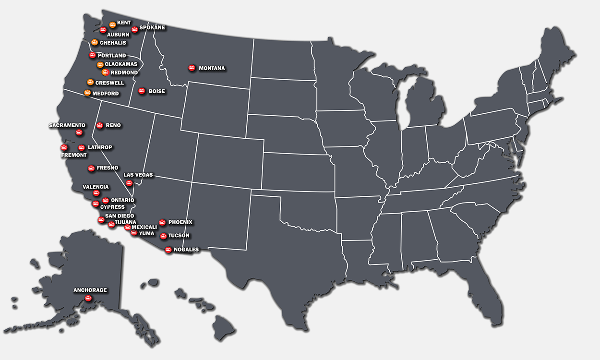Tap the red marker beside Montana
coord(192,68)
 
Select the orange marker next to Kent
coord(112,24)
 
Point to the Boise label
coord(156,91)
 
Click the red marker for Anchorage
coord(88,299)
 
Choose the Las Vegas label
coord(138,175)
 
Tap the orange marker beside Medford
coord(87,93)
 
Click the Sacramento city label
coord(67,125)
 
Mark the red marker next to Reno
coord(99,126)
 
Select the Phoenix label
coord(180,222)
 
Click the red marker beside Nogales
coord(168,250)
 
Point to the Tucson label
coord(179,236)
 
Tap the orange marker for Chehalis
coord(95,43)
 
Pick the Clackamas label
coord(121,64)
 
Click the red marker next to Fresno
coord(91,168)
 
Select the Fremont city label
coord(74,155)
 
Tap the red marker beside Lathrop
coord(82,148)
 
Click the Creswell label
coord(109,83)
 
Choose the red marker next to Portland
coord(92,56)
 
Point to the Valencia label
coord(96,187)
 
